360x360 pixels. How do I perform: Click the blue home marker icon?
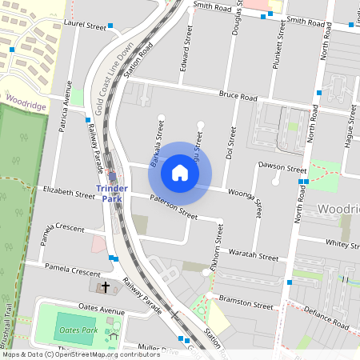[x=180, y=172]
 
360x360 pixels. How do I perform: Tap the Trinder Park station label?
[x=111, y=193]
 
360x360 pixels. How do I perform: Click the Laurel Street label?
[x=85, y=26]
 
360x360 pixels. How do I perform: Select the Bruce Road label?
[x=238, y=97]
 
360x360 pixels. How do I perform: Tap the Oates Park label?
[x=78, y=330]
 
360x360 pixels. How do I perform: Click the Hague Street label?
[x=350, y=124]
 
